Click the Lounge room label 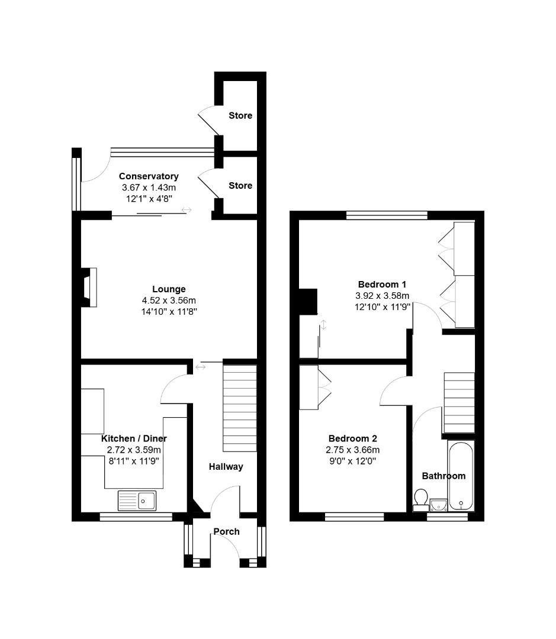(x=169, y=289)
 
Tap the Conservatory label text (x=149, y=176)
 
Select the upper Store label (x=240, y=115)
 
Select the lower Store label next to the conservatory (x=240, y=185)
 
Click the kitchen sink (x=137, y=501)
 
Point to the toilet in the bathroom (x=421, y=499)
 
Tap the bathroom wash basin (x=439, y=504)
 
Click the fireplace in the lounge (x=88, y=287)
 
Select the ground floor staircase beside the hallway (x=240, y=408)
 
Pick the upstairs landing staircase (x=459, y=403)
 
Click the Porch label (x=226, y=531)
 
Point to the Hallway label (x=226, y=467)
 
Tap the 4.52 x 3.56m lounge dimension (x=169, y=300)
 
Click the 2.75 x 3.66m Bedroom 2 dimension (x=353, y=450)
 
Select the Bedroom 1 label (x=382, y=284)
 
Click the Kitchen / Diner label (x=134, y=438)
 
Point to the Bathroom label (x=443, y=476)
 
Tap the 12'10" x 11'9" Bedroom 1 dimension (x=382, y=306)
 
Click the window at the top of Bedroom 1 (x=387, y=215)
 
